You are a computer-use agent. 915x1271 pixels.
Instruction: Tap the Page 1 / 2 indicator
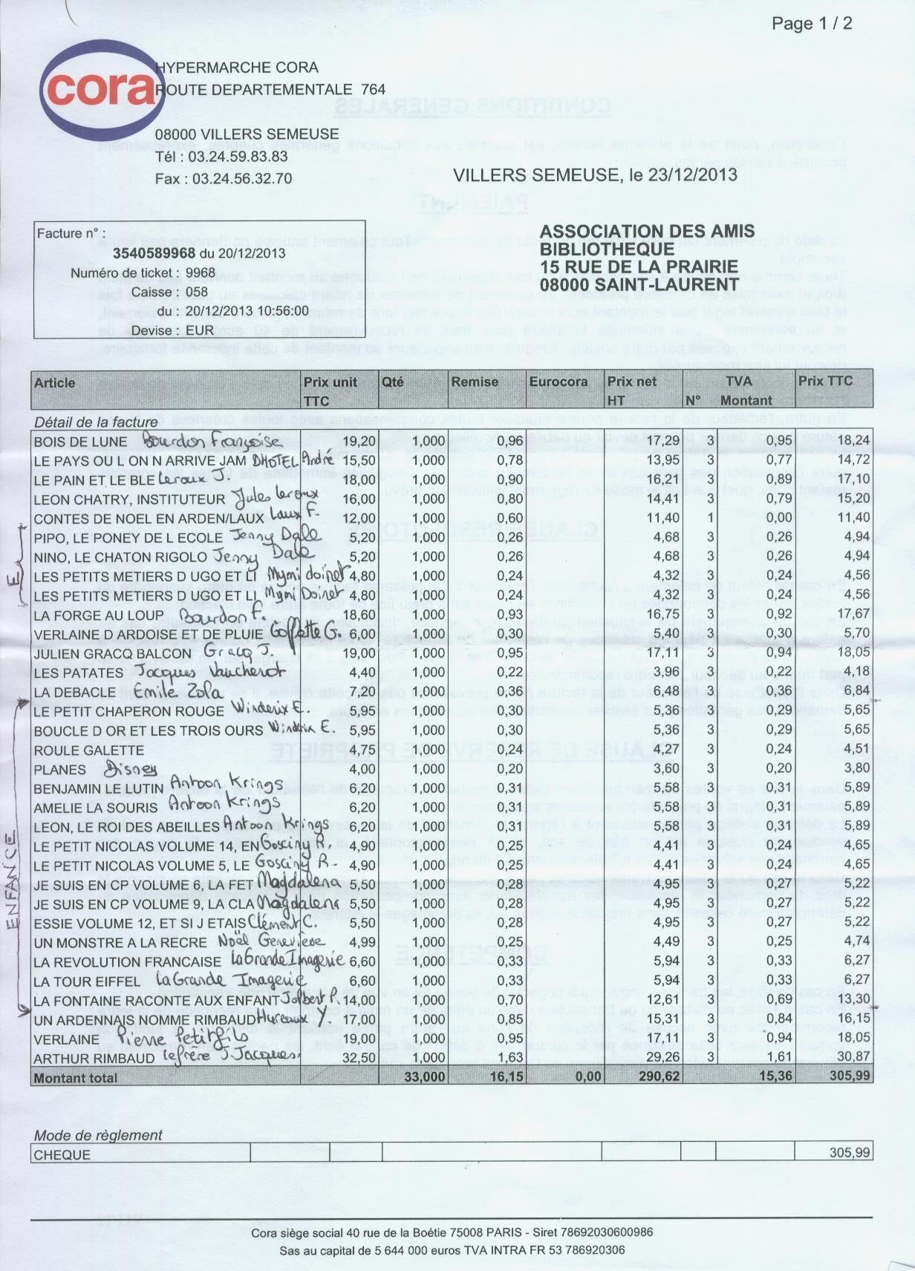(812, 24)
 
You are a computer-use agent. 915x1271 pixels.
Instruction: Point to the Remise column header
(475, 382)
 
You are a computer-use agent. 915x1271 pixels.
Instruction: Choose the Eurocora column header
(558, 382)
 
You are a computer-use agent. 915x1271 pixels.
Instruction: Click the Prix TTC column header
(825, 382)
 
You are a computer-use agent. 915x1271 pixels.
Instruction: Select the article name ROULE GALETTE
(88, 751)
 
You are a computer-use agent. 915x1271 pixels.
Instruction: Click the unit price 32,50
(357, 1058)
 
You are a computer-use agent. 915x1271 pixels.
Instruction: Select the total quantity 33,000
(425, 1077)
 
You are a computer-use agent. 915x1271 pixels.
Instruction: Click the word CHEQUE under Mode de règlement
(62, 1155)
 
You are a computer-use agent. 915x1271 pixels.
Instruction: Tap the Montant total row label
(76, 1078)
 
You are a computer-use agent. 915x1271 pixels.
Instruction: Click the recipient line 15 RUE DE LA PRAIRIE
(639, 267)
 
